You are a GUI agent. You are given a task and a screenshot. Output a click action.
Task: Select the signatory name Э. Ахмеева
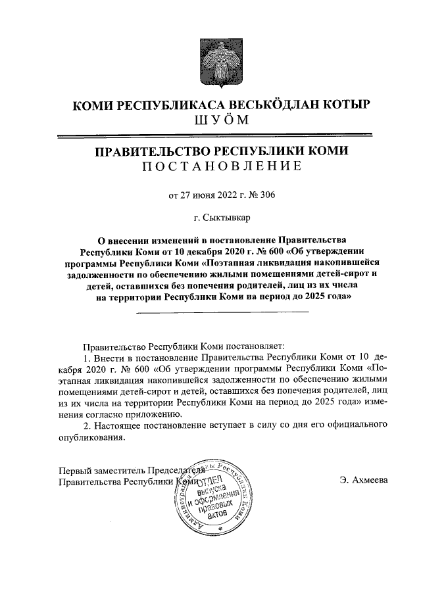(364, 480)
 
